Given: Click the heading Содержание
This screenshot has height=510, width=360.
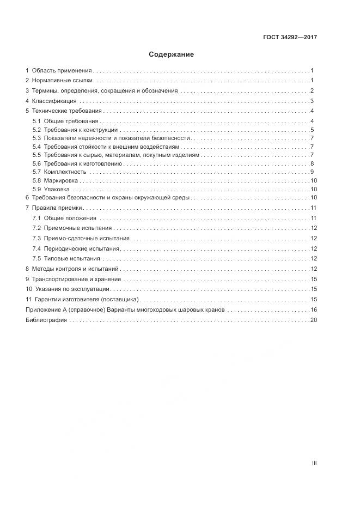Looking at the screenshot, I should (x=171, y=54).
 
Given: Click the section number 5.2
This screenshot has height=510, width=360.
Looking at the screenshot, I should (x=36, y=130).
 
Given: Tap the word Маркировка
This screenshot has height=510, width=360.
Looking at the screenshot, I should (x=62, y=180).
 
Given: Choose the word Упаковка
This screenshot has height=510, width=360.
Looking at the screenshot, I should (x=58, y=189).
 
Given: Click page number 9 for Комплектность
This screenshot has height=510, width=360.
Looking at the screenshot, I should (x=312, y=172).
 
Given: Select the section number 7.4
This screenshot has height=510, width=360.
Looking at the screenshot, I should (x=36, y=248).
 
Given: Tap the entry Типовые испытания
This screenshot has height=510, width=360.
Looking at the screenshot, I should (x=72, y=258).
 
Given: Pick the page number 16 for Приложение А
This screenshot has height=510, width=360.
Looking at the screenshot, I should (x=313, y=309).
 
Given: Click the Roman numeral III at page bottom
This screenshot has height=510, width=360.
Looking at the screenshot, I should (x=314, y=463).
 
